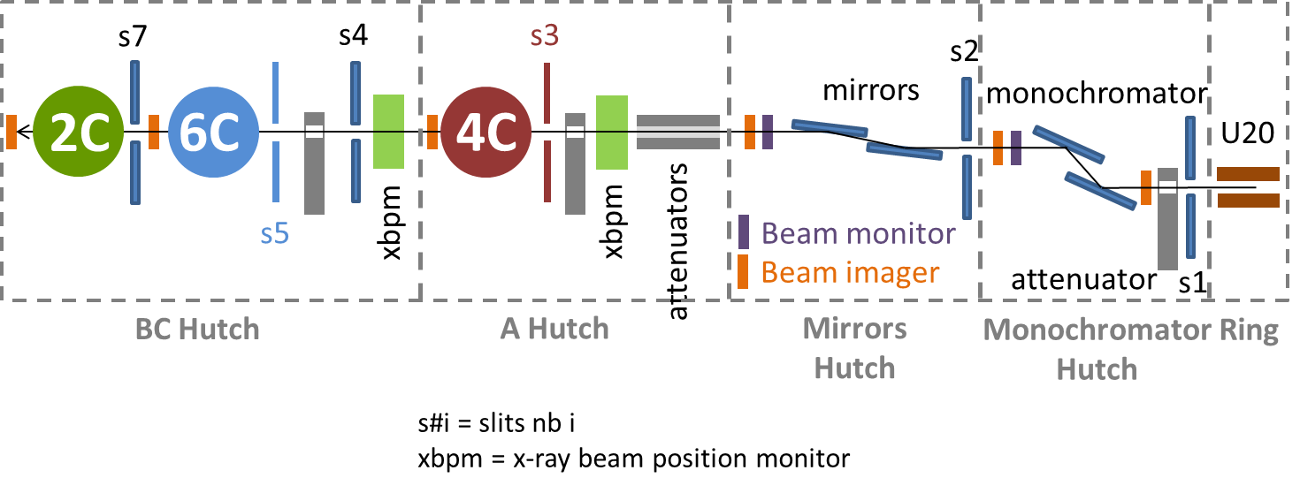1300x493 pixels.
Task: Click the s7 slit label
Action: click(134, 39)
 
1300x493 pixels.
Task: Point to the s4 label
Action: click(354, 36)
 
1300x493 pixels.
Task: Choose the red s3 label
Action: click(545, 37)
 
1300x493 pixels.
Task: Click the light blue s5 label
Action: click(276, 234)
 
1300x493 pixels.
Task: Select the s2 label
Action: click(964, 53)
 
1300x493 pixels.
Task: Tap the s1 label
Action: click(1193, 282)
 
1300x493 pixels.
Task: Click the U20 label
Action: click(1248, 133)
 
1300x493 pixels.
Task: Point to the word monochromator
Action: click(1097, 92)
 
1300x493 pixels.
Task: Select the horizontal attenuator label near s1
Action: click(1084, 280)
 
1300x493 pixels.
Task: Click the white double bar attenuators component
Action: click(678, 133)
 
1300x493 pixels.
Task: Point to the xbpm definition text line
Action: click(634, 459)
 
